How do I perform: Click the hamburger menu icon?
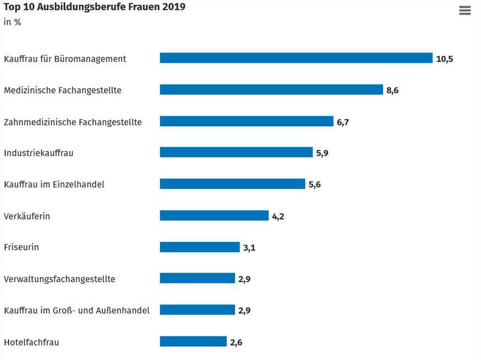click(x=465, y=11)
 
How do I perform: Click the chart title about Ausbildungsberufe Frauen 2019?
click(x=94, y=7)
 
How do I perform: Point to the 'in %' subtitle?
click(x=12, y=22)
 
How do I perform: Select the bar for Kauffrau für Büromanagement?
click(x=296, y=58)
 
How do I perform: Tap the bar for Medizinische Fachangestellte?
click(x=271, y=90)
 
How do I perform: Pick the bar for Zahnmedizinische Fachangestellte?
click(x=246, y=121)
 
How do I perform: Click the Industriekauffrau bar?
click(x=236, y=152)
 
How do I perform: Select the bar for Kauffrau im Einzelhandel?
click(x=232, y=184)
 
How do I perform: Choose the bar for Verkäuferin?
click(x=214, y=215)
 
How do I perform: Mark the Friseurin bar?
click(x=200, y=247)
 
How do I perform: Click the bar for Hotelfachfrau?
click(x=193, y=341)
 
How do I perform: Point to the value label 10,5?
click(x=444, y=59)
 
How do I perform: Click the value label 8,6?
click(x=392, y=91)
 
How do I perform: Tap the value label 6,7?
click(x=342, y=123)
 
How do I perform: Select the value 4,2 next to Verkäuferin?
click(x=278, y=217)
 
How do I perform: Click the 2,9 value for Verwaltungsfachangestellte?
click(x=244, y=279)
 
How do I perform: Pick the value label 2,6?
click(x=236, y=343)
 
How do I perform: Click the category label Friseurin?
click(x=21, y=247)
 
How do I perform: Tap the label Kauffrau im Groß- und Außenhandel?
click(x=77, y=310)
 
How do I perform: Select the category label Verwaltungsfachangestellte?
click(x=59, y=279)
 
